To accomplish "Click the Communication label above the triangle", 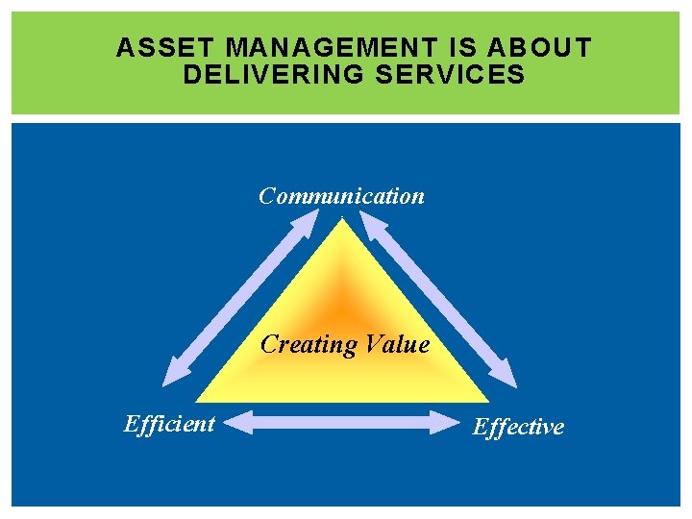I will pyautogui.click(x=341, y=196).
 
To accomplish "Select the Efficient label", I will pyautogui.click(x=169, y=424).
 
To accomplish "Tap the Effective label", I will pyautogui.click(x=518, y=427).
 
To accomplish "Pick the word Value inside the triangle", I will pyautogui.click(x=397, y=344).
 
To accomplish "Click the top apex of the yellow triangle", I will pyautogui.click(x=341, y=221).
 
